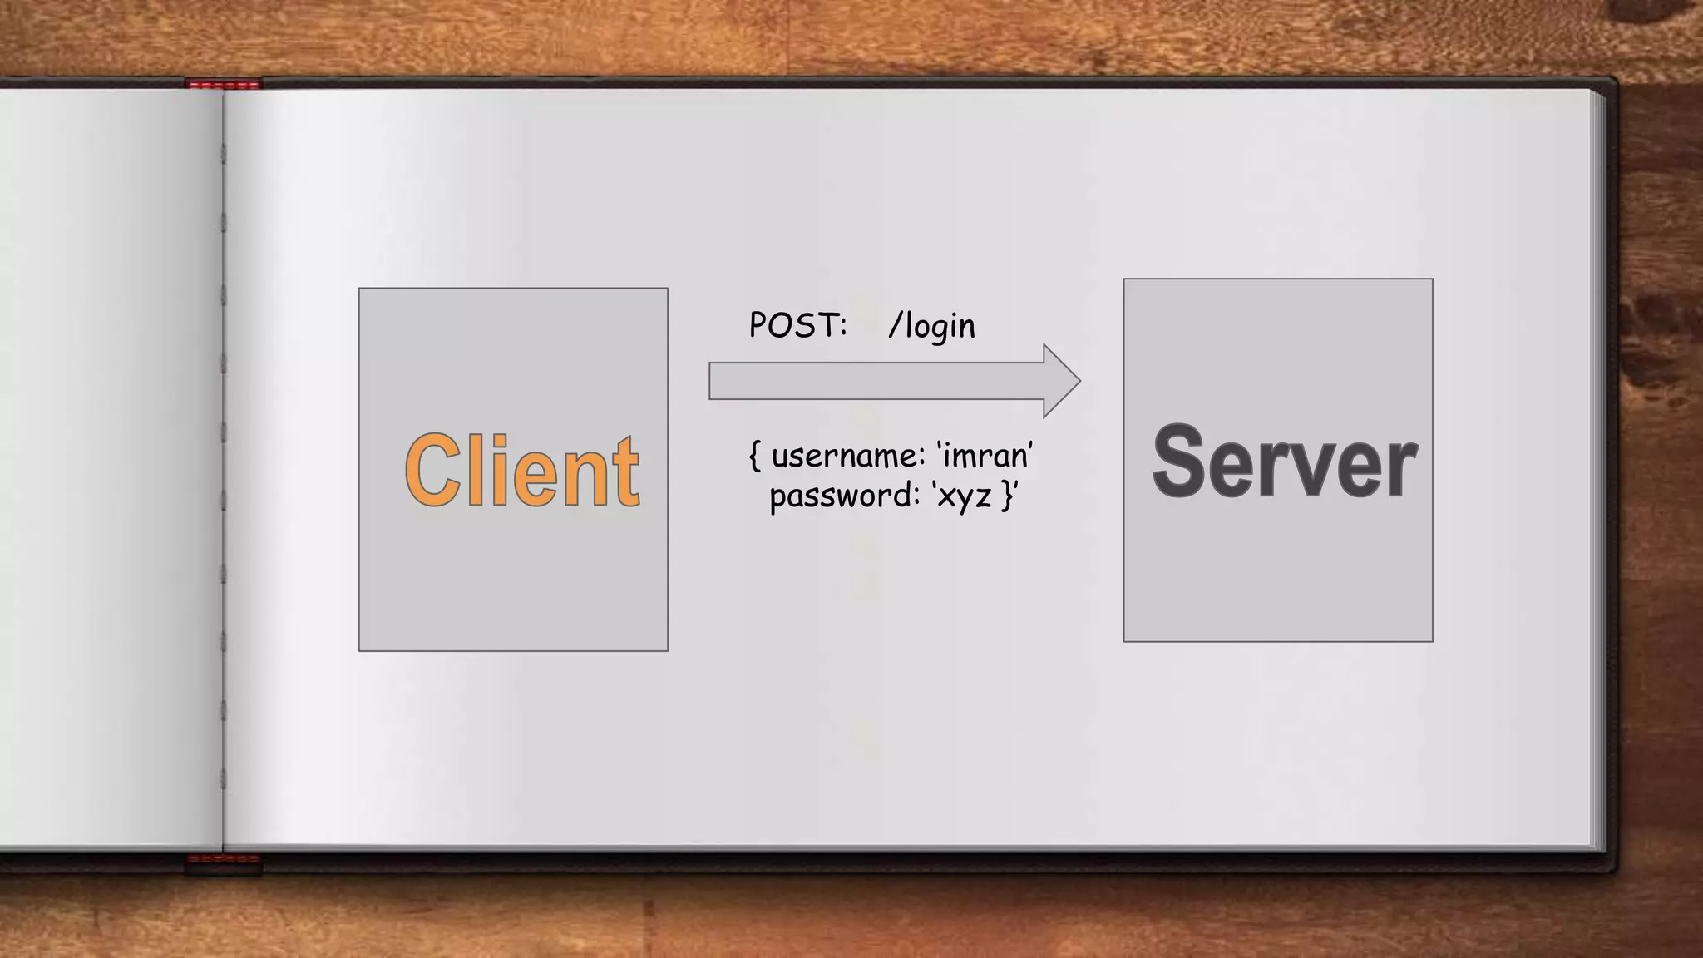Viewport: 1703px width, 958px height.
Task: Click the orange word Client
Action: [521, 471]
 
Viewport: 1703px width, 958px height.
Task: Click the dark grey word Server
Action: [1283, 462]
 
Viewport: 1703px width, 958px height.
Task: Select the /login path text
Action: [931, 326]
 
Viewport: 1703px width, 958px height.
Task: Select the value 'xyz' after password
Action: [964, 496]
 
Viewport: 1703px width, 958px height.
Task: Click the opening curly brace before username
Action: [755, 456]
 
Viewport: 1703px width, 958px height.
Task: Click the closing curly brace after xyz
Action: [1008, 496]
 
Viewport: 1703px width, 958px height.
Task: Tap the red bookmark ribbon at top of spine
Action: [223, 84]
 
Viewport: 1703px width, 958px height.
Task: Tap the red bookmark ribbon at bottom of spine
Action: [223, 860]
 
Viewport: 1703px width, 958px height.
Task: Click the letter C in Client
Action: [432, 471]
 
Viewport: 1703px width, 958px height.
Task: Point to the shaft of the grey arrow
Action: [873, 381]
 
